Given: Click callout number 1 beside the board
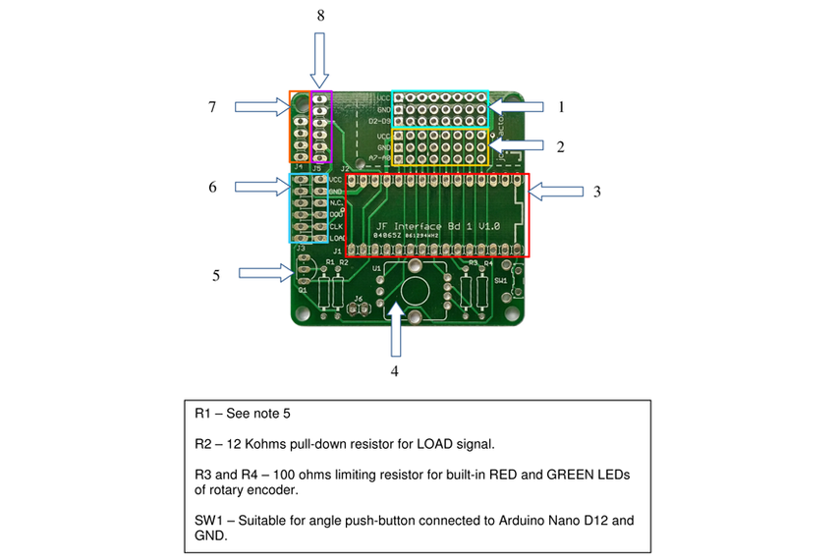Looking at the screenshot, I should coord(560,106).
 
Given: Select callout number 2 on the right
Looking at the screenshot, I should coord(559,147).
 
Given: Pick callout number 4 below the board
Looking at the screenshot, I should coord(395,371).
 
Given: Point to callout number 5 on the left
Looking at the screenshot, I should coord(215,275).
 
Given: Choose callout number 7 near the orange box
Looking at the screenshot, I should coord(211,106).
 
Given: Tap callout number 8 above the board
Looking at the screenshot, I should coord(319,16).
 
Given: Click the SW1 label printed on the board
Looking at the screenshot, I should coord(502,281).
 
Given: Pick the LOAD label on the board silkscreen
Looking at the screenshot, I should coord(337,239).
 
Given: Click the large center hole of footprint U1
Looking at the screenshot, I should coord(415,291).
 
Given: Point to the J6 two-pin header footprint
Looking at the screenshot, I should coord(358,308).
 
